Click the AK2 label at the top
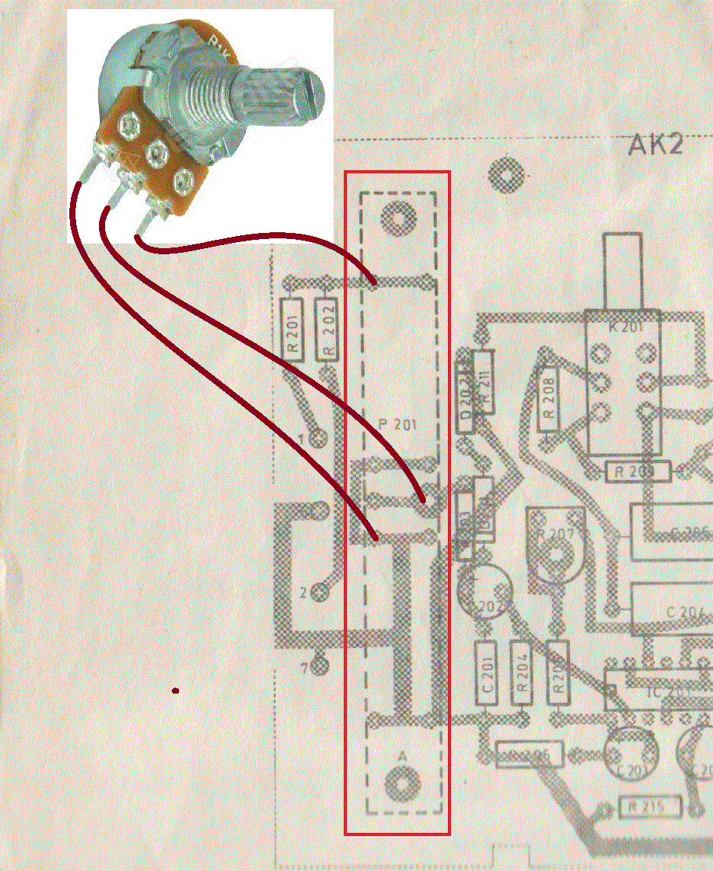pyautogui.click(x=655, y=144)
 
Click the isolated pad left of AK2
pyautogui.click(x=505, y=175)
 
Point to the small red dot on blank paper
pyautogui.click(x=175, y=691)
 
